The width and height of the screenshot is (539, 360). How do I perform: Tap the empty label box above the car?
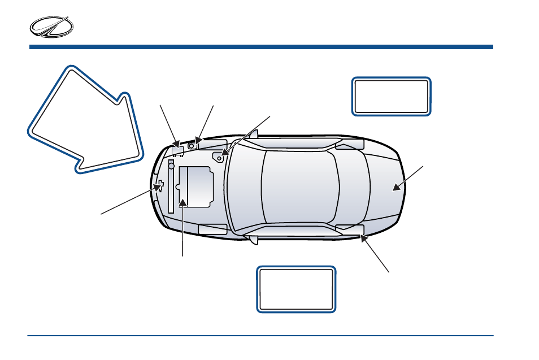[391, 97]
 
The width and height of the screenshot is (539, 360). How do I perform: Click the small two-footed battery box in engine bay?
[179, 150]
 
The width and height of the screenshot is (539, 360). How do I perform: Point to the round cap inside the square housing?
[192, 145]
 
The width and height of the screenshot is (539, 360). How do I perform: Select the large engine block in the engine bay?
[195, 186]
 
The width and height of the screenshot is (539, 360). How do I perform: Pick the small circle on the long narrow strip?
[171, 166]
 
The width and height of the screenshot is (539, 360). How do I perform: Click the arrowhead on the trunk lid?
[397, 188]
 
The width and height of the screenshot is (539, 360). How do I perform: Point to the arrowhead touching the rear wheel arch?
[363, 238]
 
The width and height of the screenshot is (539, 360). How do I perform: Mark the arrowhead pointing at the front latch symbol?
[154, 191]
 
